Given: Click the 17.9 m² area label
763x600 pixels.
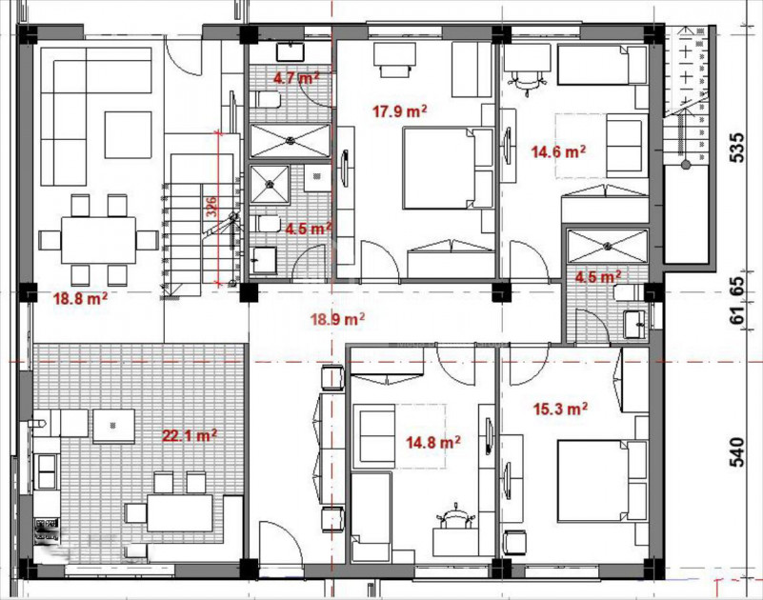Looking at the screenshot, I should [399, 111].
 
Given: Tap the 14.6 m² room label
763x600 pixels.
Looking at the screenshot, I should [557, 150].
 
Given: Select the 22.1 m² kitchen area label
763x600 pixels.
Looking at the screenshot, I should [189, 435].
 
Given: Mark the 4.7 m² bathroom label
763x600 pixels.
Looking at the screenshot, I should [296, 78].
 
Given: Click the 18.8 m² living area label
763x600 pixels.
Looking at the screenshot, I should [79, 298].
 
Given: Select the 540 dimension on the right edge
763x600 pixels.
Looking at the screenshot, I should [735, 450].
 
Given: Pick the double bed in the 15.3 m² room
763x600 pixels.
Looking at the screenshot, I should [592, 480].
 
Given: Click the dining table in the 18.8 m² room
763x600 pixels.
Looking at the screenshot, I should [98, 238].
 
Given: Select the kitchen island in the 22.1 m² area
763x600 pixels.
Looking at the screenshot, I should [112, 427].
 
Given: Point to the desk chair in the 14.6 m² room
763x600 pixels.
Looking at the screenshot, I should [525, 82].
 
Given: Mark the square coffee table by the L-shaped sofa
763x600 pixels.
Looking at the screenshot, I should [128, 134].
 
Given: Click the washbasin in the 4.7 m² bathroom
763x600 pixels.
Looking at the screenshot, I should [288, 51].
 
